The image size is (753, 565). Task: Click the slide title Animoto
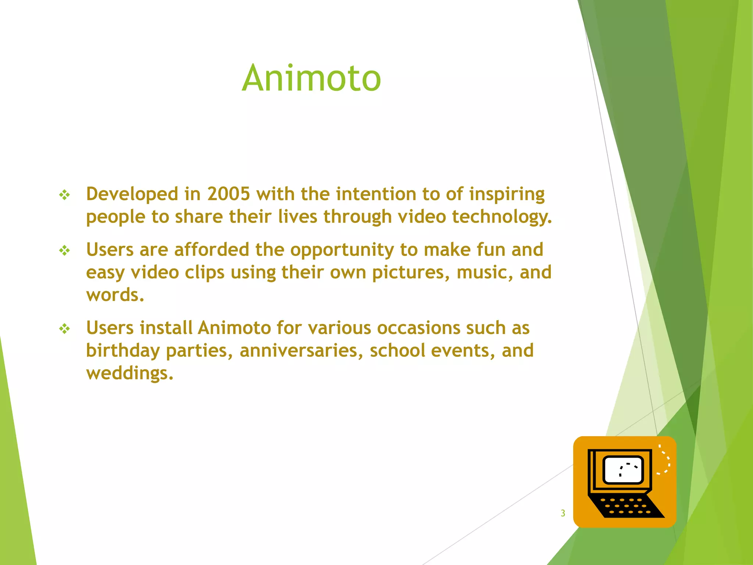click(311, 78)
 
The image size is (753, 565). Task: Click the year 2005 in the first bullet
click(228, 194)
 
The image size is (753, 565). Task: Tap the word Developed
click(132, 194)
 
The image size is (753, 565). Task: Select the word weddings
click(129, 373)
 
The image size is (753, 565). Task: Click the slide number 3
click(563, 513)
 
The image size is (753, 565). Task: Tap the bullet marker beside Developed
click(65, 195)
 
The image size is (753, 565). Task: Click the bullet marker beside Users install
click(65, 328)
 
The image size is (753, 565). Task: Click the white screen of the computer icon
click(623, 470)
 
